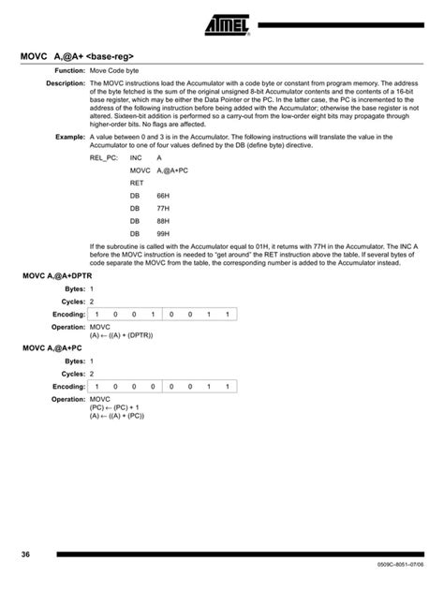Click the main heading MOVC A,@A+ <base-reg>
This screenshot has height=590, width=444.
click(x=83, y=56)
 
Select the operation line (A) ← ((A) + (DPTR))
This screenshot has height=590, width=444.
click(x=121, y=334)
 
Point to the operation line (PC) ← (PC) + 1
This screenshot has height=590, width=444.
click(x=116, y=406)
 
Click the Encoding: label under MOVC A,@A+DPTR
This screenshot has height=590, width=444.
click(x=68, y=314)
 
